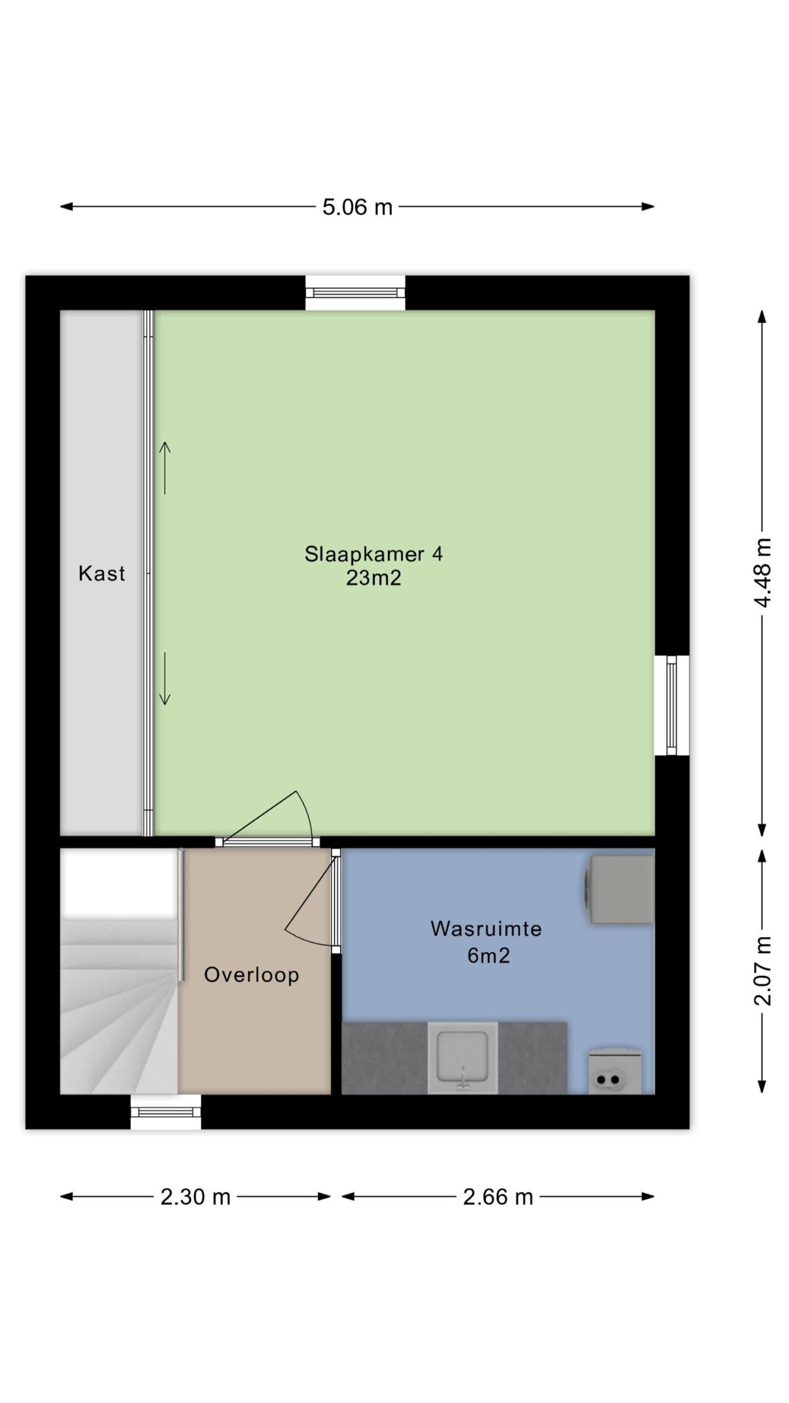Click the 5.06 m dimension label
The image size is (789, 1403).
[x=357, y=207]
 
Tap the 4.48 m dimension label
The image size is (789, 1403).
[x=762, y=573]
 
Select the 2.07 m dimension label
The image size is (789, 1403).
[x=762, y=971]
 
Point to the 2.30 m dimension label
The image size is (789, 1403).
[x=195, y=1197]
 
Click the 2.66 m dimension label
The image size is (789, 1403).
[x=498, y=1197]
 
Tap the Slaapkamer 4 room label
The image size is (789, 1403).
[x=374, y=554]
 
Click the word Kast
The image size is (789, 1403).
[x=102, y=573]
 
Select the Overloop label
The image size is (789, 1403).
[x=251, y=974]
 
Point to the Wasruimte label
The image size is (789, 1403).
[x=486, y=928]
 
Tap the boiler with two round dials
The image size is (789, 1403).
[x=614, y=1071]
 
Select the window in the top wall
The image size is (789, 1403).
[x=355, y=293]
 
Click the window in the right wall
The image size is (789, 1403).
[x=672, y=705]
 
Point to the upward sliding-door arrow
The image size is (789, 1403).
[x=165, y=468]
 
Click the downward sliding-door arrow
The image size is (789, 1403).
[x=165, y=678]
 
